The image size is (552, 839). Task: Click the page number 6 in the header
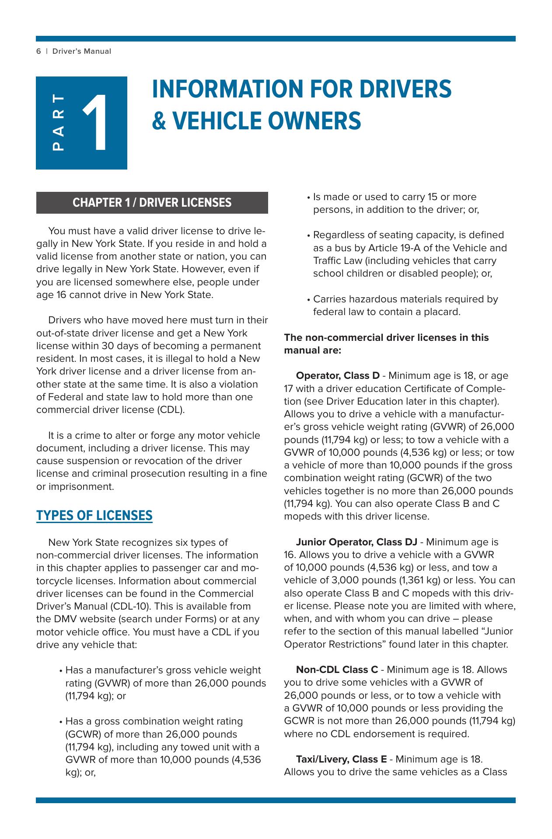click(x=38, y=52)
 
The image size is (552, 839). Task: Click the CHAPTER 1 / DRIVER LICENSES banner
click(x=152, y=203)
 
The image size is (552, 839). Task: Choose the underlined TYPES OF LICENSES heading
click(x=94, y=516)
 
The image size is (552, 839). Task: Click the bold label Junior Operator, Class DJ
click(x=356, y=542)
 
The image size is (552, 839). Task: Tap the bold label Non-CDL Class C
click(x=337, y=670)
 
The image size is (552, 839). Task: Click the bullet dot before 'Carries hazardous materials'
click(x=309, y=300)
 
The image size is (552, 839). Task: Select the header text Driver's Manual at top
click(x=82, y=52)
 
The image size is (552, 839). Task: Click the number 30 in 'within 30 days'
click(x=110, y=346)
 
